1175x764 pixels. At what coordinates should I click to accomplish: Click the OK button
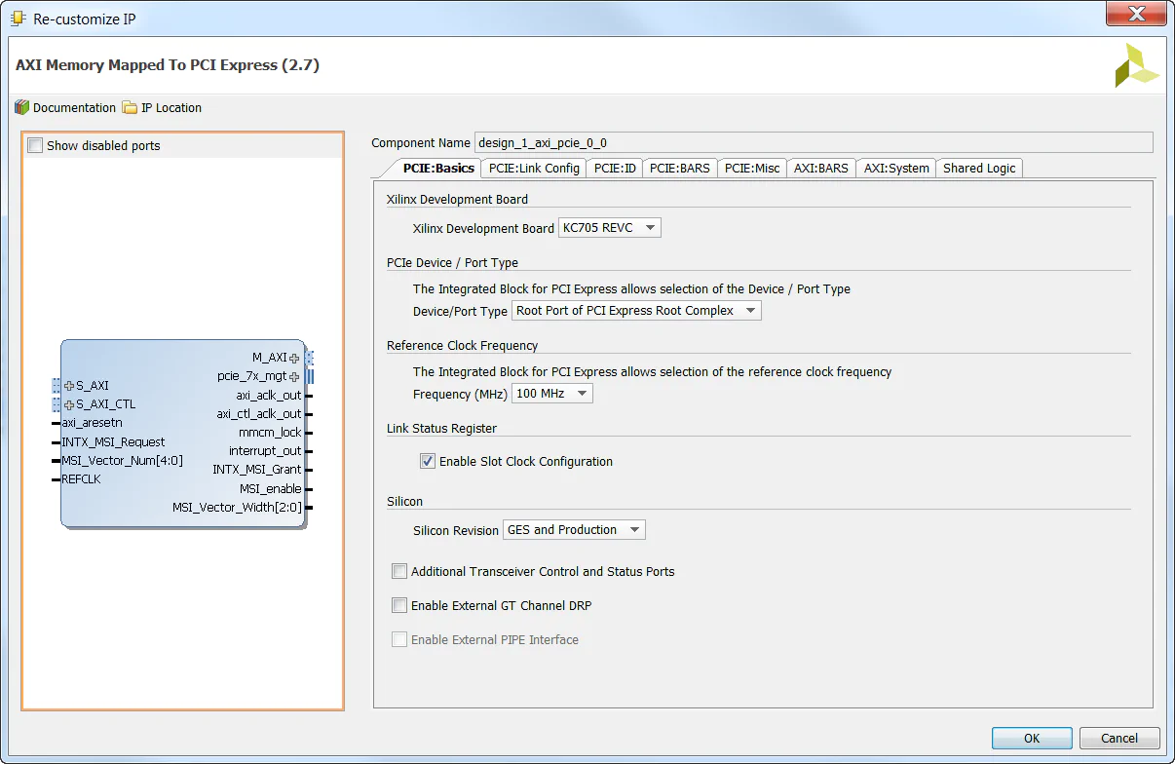click(x=1032, y=738)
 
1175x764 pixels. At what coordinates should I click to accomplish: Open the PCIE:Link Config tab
click(x=534, y=168)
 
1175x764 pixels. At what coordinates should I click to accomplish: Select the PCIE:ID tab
click(x=615, y=168)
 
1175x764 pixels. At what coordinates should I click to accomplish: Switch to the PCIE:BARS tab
click(x=680, y=168)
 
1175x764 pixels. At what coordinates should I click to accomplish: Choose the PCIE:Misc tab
click(x=752, y=168)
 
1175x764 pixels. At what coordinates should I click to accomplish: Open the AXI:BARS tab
click(x=820, y=168)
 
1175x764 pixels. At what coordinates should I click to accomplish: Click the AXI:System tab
click(x=896, y=168)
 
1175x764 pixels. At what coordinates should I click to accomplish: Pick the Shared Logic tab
click(x=979, y=168)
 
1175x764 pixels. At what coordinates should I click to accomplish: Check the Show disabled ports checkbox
click(x=36, y=146)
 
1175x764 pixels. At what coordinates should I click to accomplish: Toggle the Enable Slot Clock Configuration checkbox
click(x=428, y=461)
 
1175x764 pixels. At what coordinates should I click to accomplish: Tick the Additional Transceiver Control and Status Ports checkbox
click(x=399, y=571)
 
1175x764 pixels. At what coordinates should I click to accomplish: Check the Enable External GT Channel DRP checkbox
click(x=399, y=605)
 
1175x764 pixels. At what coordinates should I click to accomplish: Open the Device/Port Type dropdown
click(x=636, y=311)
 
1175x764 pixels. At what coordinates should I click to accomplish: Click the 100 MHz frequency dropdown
click(x=551, y=394)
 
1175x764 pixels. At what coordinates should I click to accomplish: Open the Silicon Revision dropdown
click(x=574, y=530)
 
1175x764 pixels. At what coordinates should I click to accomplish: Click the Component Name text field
click(x=814, y=143)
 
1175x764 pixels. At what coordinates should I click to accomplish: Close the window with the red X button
click(x=1136, y=14)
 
